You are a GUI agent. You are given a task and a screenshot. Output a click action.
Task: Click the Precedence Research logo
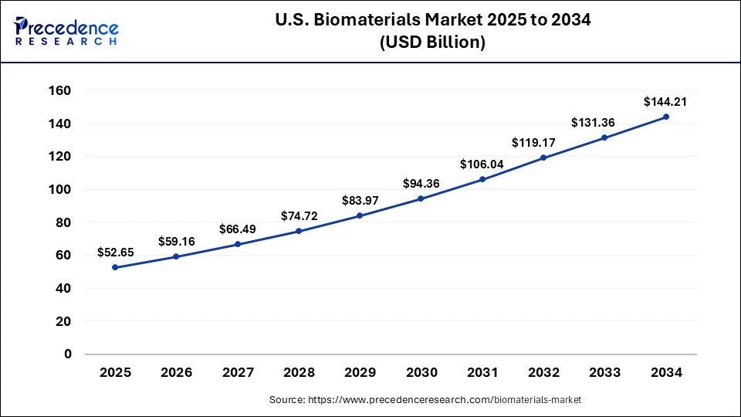[x=66, y=31]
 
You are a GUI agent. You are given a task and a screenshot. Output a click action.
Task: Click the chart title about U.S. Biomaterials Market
[x=431, y=21]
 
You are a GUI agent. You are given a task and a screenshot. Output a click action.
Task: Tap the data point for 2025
[x=115, y=267]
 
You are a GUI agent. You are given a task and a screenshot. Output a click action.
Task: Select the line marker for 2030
[x=421, y=198]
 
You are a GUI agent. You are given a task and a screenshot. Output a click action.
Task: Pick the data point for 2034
[x=666, y=117]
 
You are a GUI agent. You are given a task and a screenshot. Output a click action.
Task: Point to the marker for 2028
[x=299, y=231]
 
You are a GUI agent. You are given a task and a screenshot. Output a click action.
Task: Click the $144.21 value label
[x=665, y=101]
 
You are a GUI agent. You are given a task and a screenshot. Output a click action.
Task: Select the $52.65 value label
[x=116, y=252]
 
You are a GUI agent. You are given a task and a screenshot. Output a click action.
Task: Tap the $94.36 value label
[x=421, y=183]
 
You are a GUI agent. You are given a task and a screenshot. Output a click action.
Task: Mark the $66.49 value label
[x=238, y=229]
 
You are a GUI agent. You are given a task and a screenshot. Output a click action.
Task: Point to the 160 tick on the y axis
[x=60, y=91]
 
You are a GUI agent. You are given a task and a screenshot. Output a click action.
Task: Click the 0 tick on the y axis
[x=68, y=354]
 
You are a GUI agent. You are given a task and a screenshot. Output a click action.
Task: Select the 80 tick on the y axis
[x=63, y=222]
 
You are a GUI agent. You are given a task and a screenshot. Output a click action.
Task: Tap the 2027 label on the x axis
[x=238, y=373]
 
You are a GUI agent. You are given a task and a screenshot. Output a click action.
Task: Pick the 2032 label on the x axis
[x=543, y=373]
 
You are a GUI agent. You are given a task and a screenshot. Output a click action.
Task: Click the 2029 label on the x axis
[x=360, y=373]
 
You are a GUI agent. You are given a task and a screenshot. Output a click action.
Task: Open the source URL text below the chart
[x=425, y=400]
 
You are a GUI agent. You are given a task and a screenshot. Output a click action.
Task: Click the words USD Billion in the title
[x=431, y=43]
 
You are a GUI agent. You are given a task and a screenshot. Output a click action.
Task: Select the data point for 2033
[x=604, y=137]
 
